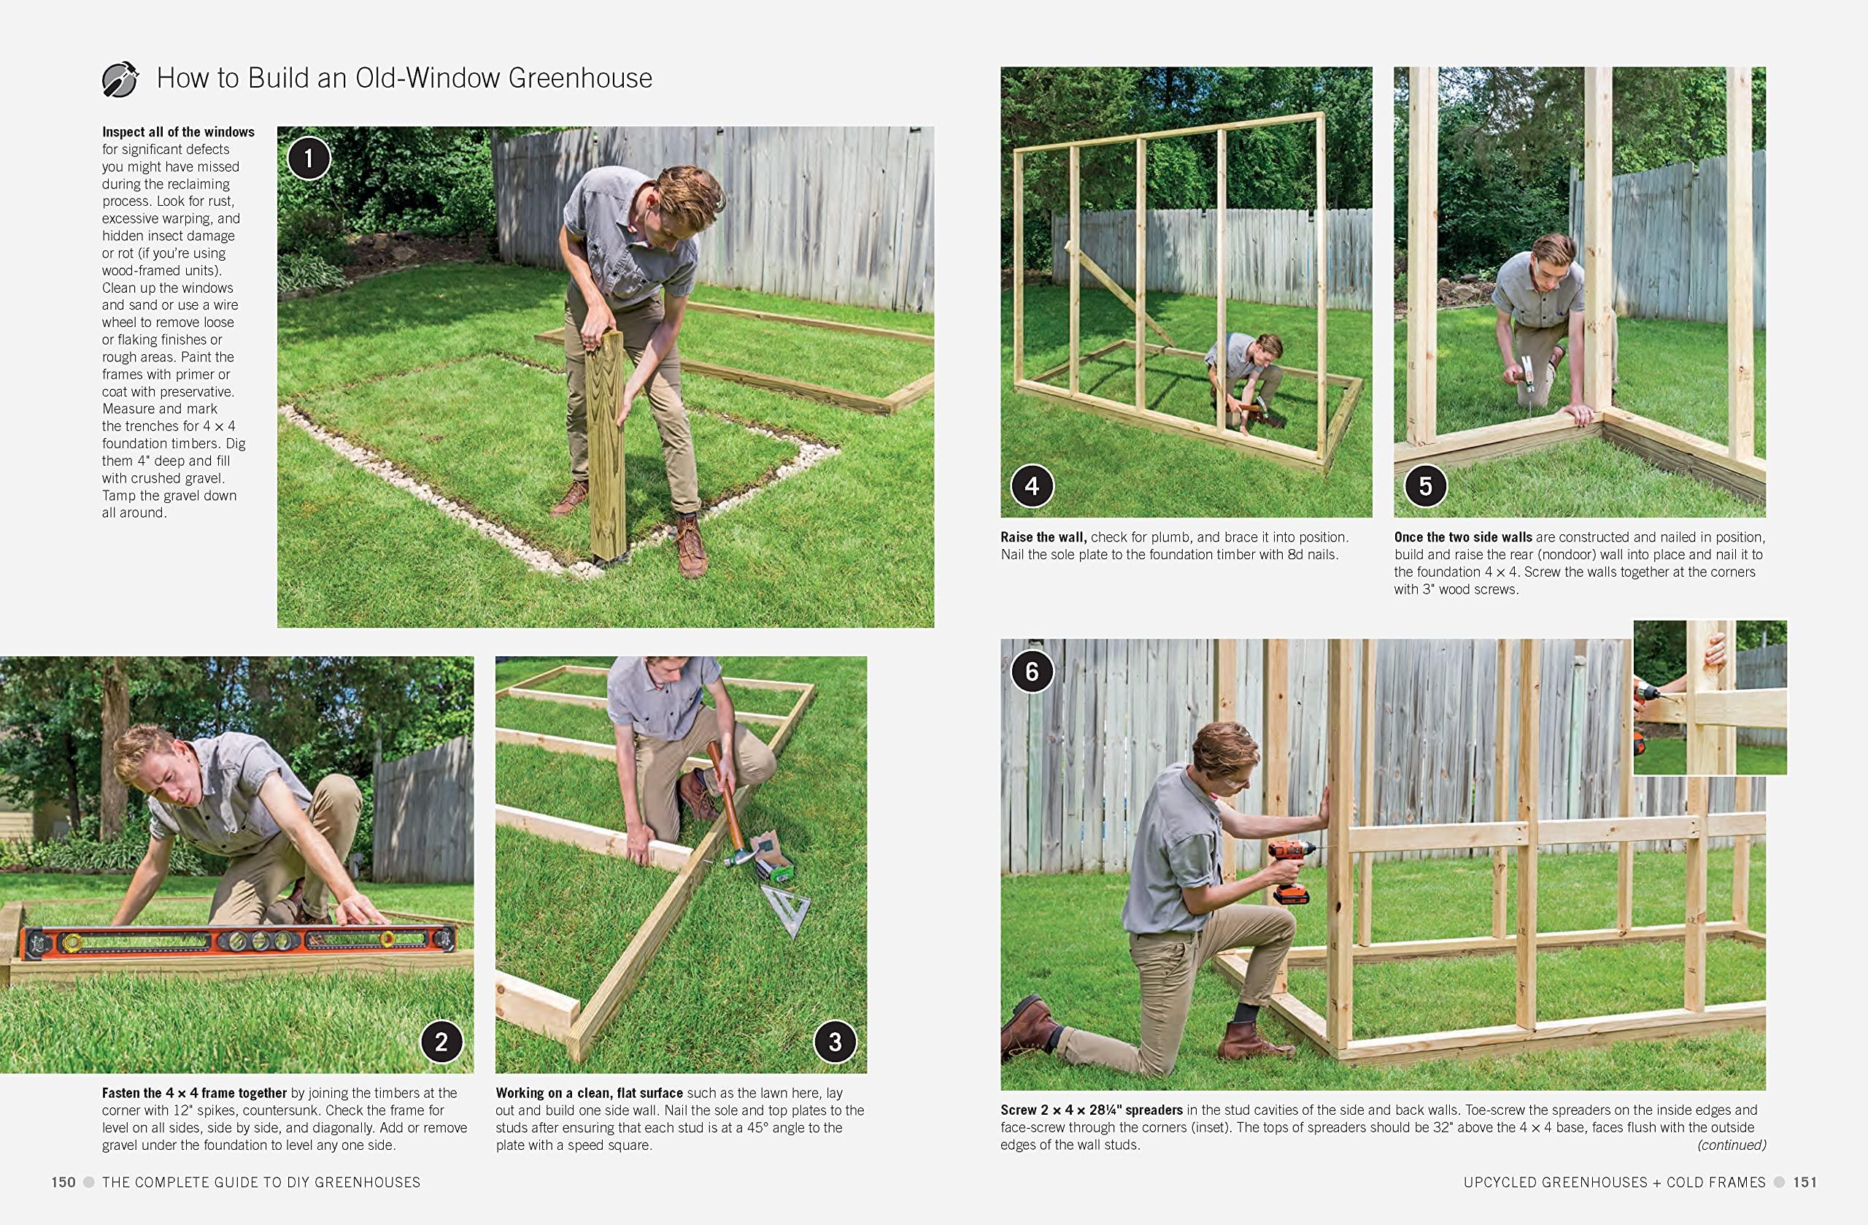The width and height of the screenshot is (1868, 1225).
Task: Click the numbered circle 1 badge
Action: [x=309, y=158]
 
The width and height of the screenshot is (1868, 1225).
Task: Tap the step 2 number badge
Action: [x=441, y=1041]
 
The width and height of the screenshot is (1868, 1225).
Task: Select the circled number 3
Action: [x=834, y=1041]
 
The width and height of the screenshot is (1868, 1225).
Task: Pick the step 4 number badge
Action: [x=1031, y=486]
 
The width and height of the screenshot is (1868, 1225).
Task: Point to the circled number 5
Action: [x=1425, y=486]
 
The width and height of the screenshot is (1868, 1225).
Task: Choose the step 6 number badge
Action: [x=1031, y=672]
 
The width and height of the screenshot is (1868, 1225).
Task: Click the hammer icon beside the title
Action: [x=120, y=80]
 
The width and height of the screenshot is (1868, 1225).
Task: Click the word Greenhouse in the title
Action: [x=580, y=77]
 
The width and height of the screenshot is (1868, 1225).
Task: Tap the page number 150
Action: [x=63, y=1182]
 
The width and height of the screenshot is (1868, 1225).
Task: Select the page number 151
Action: [x=1805, y=1182]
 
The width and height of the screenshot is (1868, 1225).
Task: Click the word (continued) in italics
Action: [x=1732, y=1145]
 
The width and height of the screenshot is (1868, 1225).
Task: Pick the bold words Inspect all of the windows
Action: [x=178, y=132]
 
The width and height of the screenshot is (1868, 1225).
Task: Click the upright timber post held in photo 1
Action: [x=606, y=445]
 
